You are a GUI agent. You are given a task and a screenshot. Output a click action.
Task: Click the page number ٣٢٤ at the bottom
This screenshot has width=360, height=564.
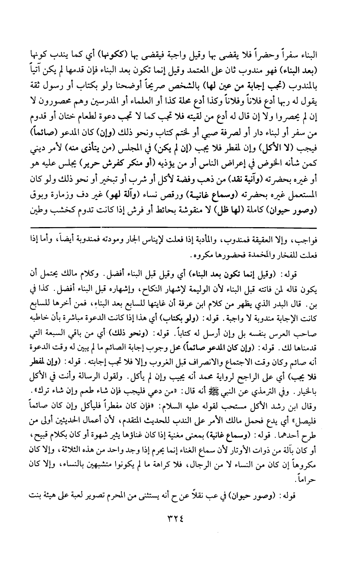coord(180,517)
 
